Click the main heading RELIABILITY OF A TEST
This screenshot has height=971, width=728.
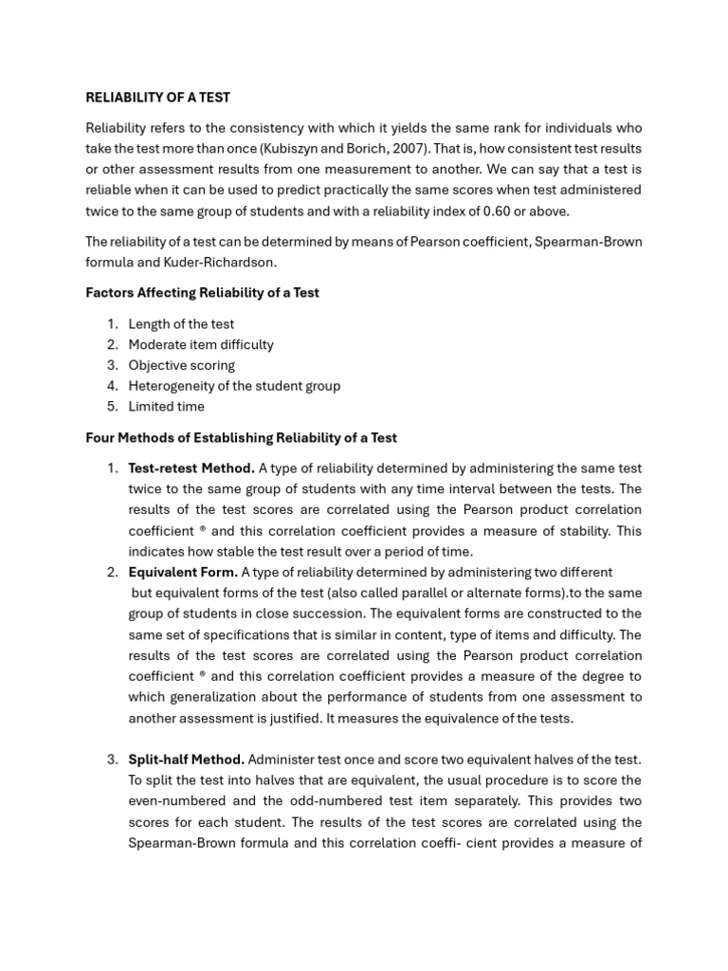point(157,97)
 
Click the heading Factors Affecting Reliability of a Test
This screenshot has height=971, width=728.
point(202,293)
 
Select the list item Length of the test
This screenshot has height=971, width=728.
point(181,324)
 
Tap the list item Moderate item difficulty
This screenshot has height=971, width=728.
point(200,344)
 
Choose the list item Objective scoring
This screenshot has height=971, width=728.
point(181,365)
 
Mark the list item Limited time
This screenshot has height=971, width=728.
point(166,407)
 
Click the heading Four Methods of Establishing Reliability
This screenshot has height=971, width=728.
point(241,438)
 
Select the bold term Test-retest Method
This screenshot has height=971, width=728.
point(191,468)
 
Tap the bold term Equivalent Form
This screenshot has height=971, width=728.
point(183,572)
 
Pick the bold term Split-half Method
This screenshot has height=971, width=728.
point(187,760)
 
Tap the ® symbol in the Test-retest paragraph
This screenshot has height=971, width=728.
point(203,531)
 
